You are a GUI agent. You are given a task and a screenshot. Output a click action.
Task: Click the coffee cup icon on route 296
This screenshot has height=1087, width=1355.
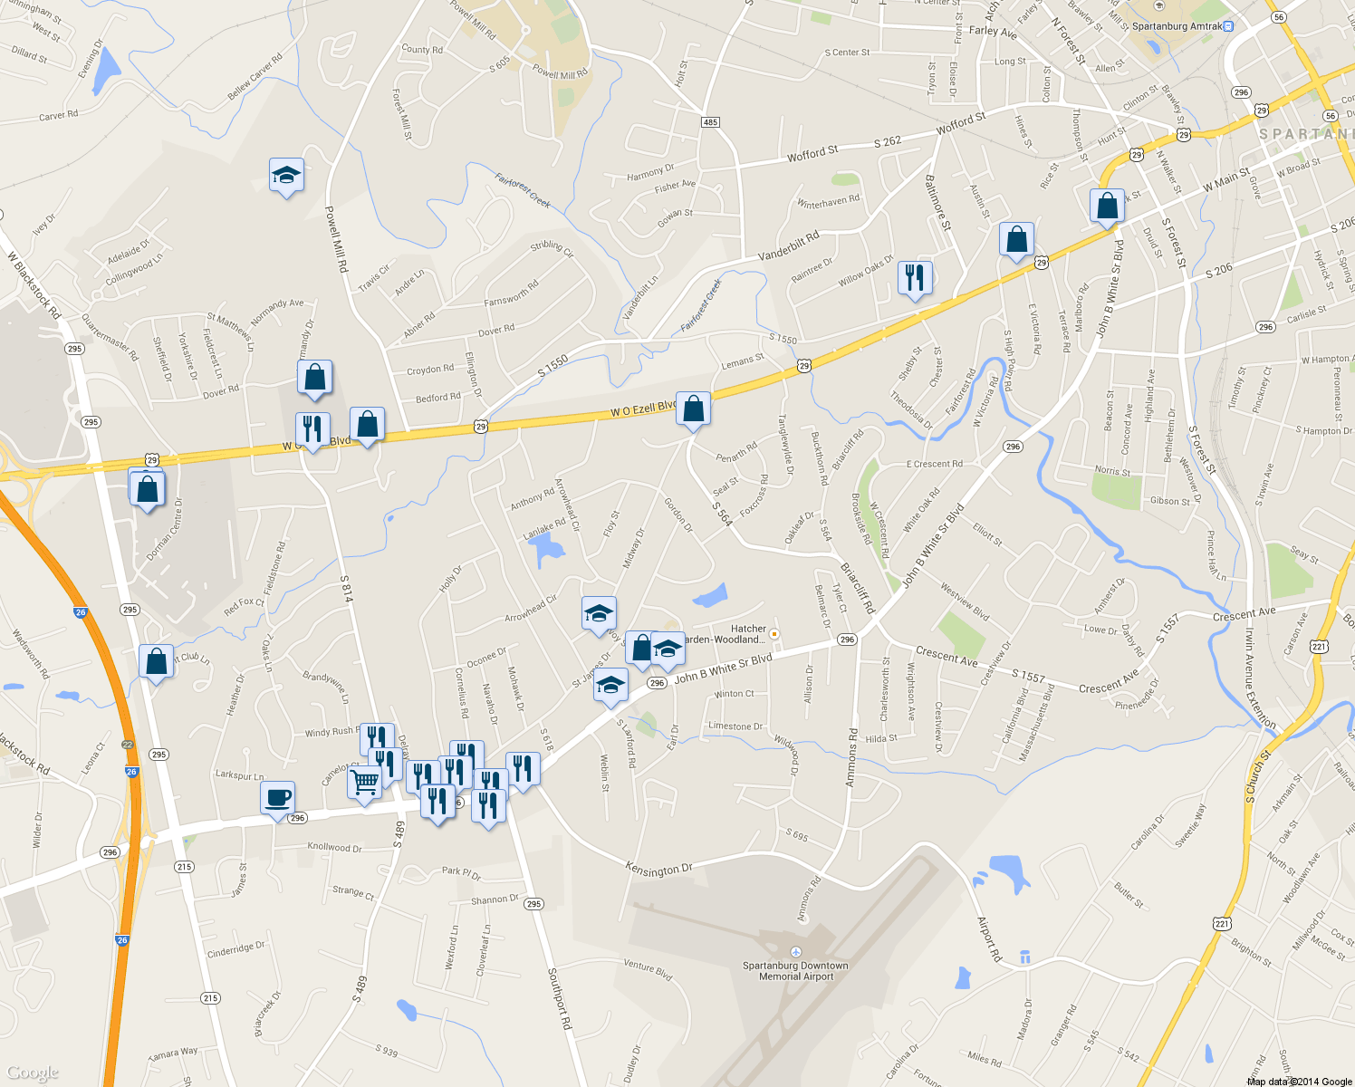coord(277,798)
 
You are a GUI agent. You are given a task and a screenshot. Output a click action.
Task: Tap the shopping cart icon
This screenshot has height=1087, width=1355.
coord(364,781)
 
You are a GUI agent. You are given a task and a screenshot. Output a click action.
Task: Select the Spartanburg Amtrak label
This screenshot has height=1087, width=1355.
coord(1177,26)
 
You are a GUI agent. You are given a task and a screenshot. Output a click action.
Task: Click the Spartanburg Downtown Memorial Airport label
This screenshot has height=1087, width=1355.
coord(795,970)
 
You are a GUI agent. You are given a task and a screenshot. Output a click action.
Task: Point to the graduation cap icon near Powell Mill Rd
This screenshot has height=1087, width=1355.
coord(286,176)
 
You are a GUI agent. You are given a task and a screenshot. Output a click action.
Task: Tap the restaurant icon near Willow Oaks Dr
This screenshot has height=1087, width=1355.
coord(915,277)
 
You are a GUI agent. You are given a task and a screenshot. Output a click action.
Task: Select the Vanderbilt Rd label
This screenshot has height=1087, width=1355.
coord(788,245)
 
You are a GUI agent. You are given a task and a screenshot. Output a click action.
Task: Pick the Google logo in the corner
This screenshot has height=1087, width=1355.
coord(32,1073)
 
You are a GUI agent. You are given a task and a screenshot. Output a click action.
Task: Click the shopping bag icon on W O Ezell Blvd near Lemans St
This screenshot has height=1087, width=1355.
coord(693,409)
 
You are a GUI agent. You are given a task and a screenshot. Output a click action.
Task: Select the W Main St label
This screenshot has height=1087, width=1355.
coord(1226,178)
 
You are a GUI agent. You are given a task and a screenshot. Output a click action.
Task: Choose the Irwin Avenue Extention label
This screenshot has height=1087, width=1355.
coord(1260,678)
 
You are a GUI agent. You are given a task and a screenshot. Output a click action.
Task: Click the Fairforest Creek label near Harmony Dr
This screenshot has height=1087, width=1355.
coord(523,190)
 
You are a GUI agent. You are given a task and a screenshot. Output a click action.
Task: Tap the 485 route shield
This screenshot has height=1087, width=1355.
coord(710,121)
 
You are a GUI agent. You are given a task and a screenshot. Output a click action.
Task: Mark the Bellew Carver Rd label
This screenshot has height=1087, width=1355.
coord(255,76)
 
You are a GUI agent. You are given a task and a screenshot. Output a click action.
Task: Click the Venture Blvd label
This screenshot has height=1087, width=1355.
coord(648,970)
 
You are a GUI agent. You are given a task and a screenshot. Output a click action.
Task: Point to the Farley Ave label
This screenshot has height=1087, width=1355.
coord(993,32)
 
